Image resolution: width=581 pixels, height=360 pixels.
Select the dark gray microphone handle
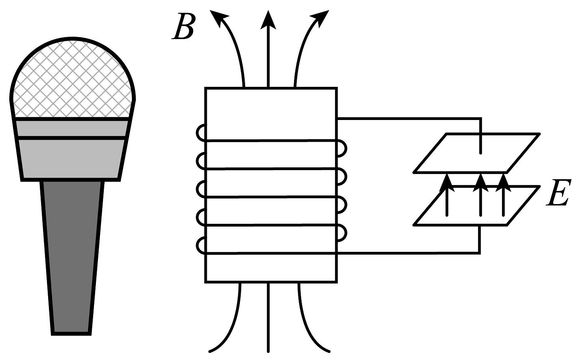(72, 257)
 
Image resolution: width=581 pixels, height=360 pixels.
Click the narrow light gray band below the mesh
(72, 127)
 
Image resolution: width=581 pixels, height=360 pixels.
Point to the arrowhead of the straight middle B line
(268, 20)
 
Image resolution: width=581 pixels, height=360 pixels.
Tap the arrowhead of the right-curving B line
(320, 18)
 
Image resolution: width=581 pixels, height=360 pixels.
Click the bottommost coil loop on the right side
(342, 233)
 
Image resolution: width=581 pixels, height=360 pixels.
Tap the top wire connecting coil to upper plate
(410, 118)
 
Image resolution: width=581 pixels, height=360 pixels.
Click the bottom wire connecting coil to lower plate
(410, 253)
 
